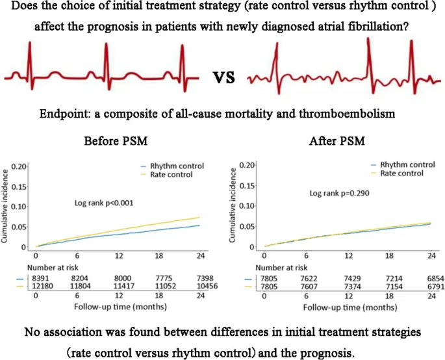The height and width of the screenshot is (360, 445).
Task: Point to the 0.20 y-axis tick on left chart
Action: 19,167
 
